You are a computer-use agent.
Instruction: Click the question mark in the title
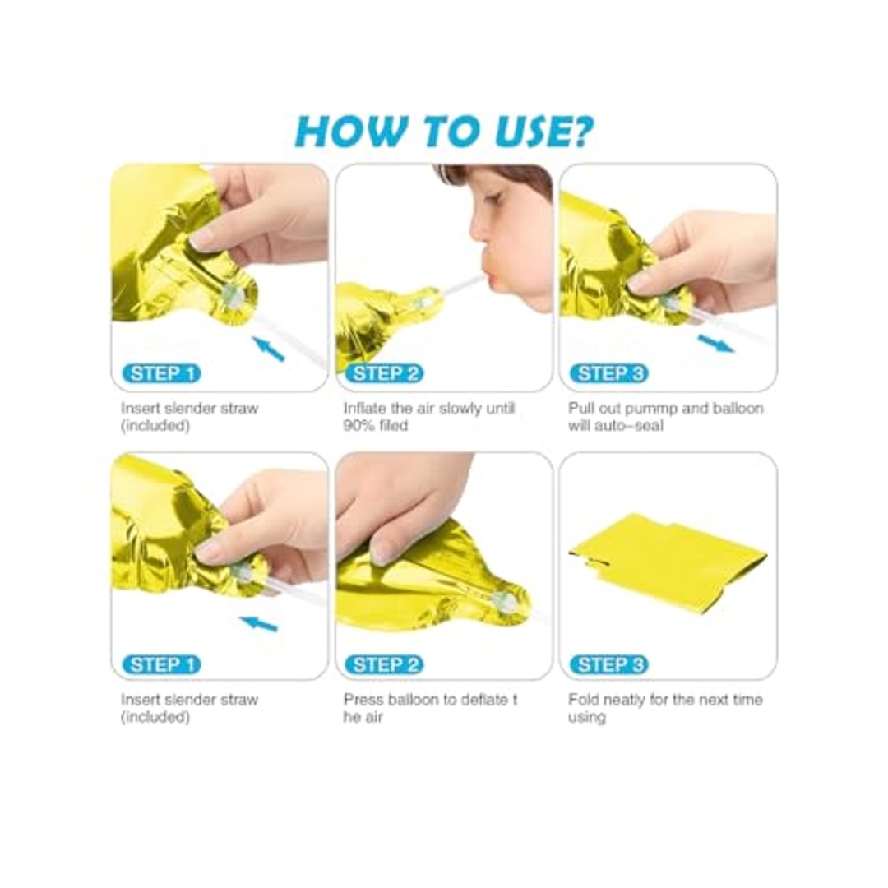580,132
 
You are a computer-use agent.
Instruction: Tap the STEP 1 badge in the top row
162,374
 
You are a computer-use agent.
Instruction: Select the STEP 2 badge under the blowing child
385,374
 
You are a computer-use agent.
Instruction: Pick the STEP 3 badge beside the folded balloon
609,665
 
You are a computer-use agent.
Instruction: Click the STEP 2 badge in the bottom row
385,665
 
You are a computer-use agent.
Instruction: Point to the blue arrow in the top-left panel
268,349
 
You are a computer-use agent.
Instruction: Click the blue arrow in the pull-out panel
716,343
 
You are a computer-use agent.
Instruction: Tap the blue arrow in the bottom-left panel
258,623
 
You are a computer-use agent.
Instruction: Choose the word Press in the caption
363,700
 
